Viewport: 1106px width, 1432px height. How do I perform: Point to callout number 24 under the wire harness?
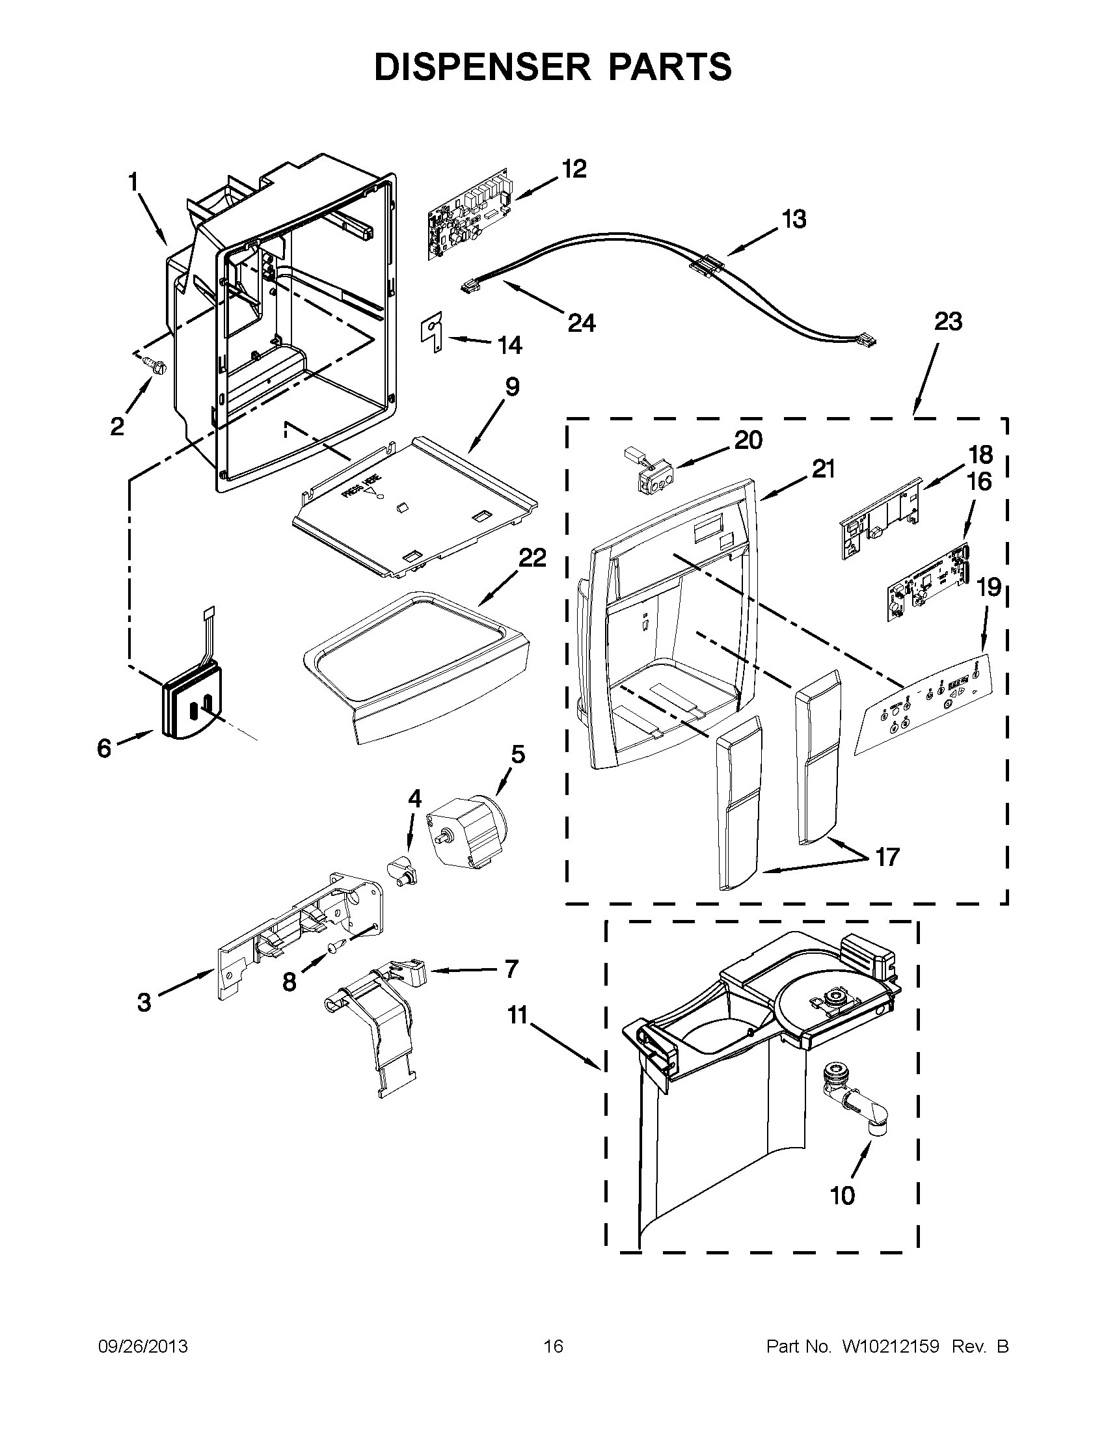[x=581, y=323]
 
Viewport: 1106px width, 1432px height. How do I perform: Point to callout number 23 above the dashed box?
[x=947, y=322]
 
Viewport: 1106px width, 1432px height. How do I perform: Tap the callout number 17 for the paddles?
[x=887, y=856]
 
